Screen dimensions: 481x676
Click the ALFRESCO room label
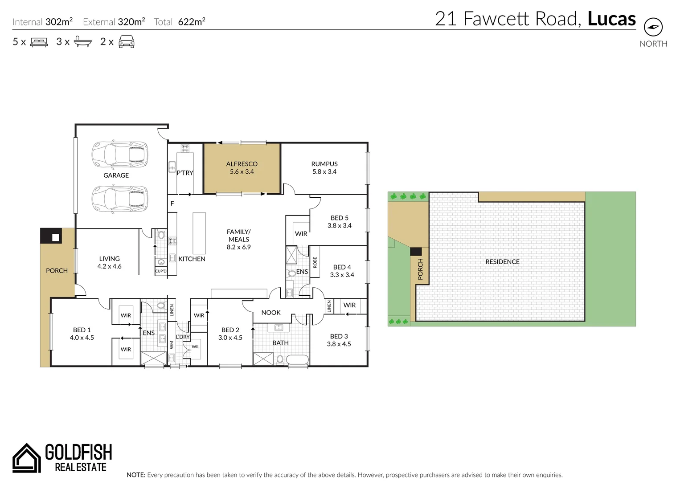coord(242,164)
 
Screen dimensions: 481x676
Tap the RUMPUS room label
coord(324,164)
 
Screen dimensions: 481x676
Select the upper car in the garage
coord(119,155)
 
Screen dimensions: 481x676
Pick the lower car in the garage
coord(119,199)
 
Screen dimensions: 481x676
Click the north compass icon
coord(653,27)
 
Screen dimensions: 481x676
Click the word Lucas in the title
coord(611,19)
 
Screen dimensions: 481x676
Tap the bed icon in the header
coord(39,42)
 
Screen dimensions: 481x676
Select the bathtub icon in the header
coord(83,42)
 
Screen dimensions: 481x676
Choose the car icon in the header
coord(127,42)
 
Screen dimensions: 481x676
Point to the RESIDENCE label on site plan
coord(502,262)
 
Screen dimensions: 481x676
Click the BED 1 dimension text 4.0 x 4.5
coord(82,338)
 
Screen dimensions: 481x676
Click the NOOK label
coord(271,313)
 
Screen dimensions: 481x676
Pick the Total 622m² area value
coord(191,22)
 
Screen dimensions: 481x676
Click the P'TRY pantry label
coord(185,173)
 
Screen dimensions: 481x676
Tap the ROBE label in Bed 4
coord(315,262)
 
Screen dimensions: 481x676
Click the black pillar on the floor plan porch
coord(51,236)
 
